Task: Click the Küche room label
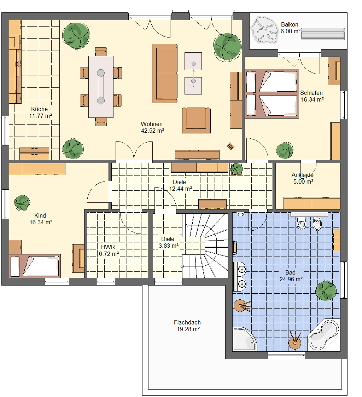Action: pos(39,109)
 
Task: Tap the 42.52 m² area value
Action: pos(152,131)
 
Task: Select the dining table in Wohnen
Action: pos(101,87)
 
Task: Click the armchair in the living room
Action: pos(196,120)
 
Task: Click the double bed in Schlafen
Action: pos(272,94)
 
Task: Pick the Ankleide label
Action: pos(303,175)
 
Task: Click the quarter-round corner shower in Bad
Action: pos(245,340)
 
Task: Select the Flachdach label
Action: pos(187,323)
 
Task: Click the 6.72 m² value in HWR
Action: pos(109,254)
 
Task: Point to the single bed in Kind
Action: pos(35,266)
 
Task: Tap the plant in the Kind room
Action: pos(22,203)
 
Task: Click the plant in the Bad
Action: pos(326,290)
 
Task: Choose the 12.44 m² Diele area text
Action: pos(180,189)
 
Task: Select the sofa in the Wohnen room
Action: pos(165,74)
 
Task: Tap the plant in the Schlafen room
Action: pos(285,150)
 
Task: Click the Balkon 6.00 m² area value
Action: pos(291,31)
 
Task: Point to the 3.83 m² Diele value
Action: pos(169,246)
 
